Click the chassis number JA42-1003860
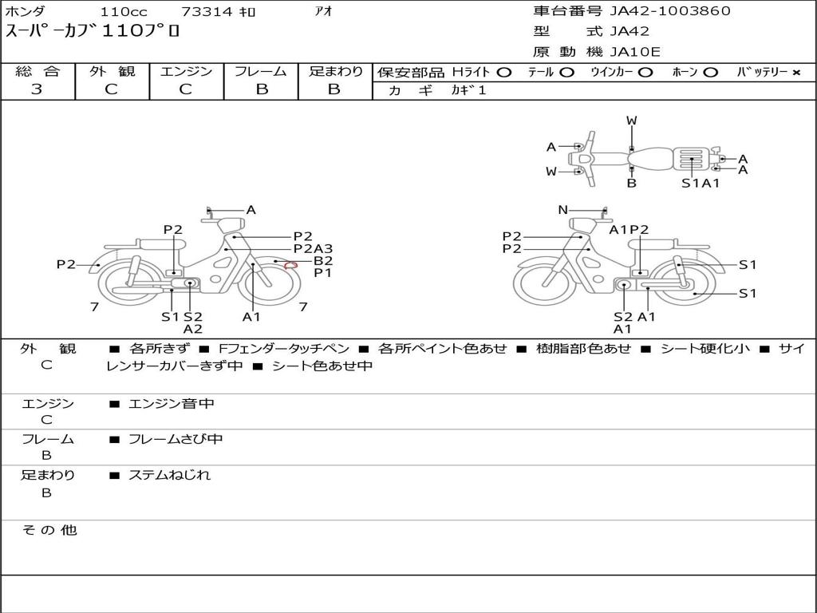coord(670,11)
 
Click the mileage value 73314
coord(206,11)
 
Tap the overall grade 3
coord(37,89)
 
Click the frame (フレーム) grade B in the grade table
coord(262,89)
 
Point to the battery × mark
coord(796,73)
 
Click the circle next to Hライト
coord(504,73)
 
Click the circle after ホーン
coord(710,73)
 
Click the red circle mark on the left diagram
coord(290,266)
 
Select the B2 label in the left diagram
coord(323,261)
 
